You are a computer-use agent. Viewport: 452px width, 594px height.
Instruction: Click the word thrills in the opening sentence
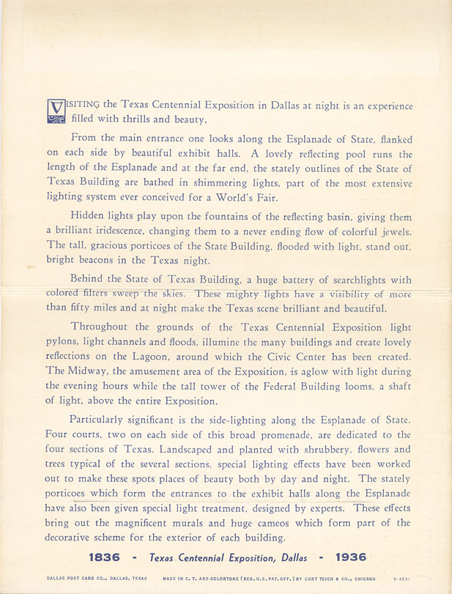coord(138,119)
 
